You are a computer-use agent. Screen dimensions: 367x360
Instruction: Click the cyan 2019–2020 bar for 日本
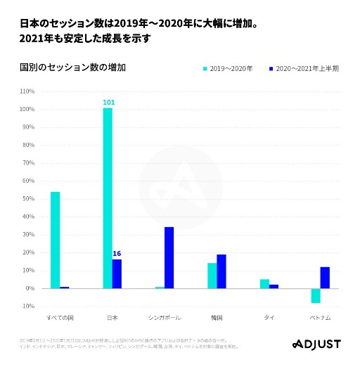pos(108,198)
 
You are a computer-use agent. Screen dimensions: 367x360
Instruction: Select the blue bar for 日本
pos(117,273)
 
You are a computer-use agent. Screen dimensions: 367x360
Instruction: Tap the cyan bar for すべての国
pos(55,240)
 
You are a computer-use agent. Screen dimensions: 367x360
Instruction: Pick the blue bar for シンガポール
pos(169,257)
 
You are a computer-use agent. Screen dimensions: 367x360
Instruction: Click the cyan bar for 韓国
pos(212,276)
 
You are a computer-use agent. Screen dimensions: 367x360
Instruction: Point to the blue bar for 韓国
pos(221,271)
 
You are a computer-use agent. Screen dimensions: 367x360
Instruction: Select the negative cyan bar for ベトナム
pos(316,295)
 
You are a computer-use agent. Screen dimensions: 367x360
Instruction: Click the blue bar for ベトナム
pos(325,278)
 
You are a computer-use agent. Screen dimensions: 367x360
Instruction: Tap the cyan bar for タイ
pos(264,283)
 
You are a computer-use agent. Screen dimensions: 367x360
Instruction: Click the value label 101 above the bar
pos(108,103)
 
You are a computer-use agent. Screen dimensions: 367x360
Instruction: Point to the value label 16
pos(117,254)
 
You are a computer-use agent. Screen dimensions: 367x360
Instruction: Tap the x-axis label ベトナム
pos(321,318)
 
